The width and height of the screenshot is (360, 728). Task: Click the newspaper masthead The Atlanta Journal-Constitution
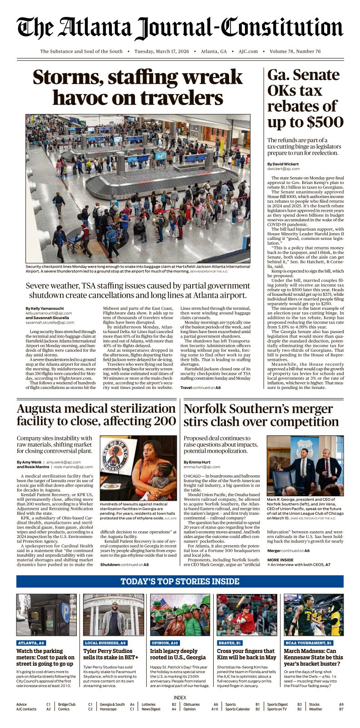(180, 28)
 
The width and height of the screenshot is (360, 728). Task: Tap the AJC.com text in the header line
(248, 51)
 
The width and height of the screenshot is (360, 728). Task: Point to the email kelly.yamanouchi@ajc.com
(49, 313)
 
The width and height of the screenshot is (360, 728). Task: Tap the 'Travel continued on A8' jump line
(200, 387)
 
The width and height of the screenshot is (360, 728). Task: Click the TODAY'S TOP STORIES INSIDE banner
(180, 581)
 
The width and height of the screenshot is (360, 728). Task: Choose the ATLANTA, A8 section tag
(31, 643)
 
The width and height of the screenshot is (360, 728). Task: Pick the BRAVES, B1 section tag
(230, 643)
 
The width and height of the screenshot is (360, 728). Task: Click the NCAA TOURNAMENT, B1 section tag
(309, 643)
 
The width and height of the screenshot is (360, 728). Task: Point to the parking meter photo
(46, 614)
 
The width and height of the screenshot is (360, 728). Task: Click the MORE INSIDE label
(280, 560)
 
